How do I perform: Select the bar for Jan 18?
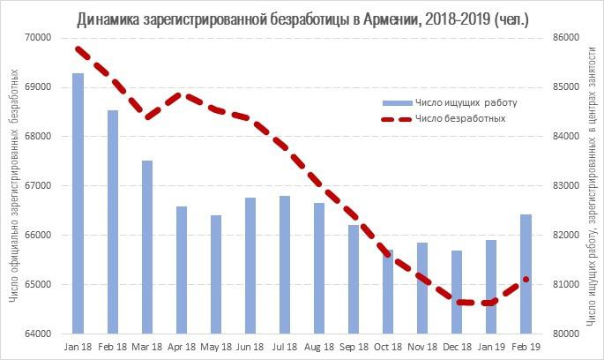pyautogui.click(x=78, y=203)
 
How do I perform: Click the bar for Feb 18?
pyautogui.click(x=112, y=221)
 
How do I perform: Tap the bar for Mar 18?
pyautogui.click(x=147, y=247)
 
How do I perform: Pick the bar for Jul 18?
pyautogui.click(x=285, y=265)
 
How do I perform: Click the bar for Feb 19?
pyautogui.click(x=526, y=274)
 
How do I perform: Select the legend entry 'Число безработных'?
pyautogui.click(x=459, y=119)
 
